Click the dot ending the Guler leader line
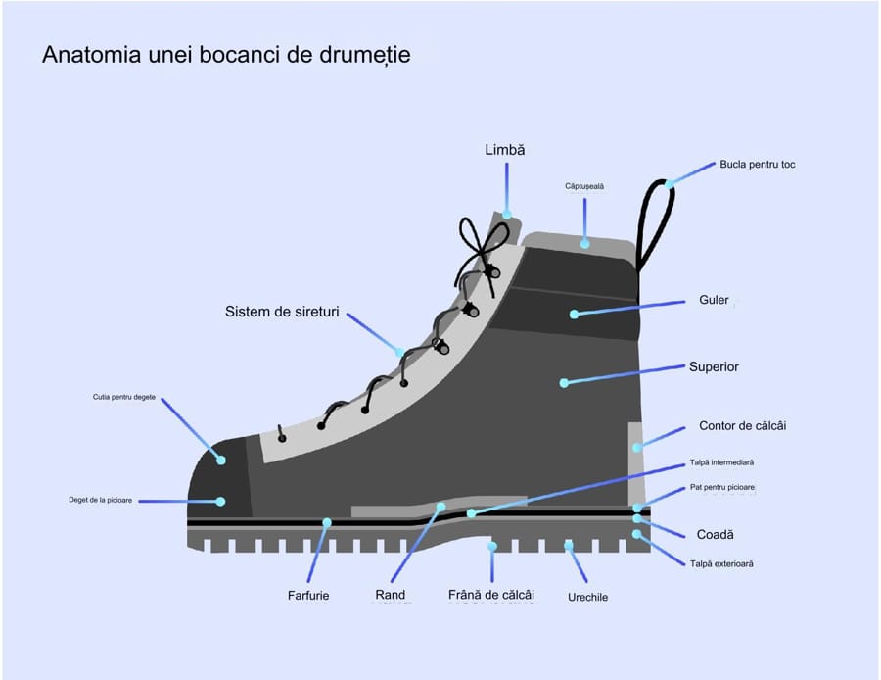click(x=574, y=314)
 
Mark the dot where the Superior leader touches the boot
click(x=564, y=383)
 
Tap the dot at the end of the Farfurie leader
click(x=327, y=522)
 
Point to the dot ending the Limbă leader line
click(x=507, y=215)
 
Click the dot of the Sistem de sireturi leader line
click(x=400, y=353)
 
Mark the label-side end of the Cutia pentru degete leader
click(x=162, y=399)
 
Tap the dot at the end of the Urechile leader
click(x=569, y=545)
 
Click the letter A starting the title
click(x=51, y=55)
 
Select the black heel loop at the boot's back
click(x=655, y=225)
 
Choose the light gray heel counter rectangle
click(x=635, y=463)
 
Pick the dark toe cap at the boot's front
click(x=219, y=477)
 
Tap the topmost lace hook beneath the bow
click(x=493, y=272)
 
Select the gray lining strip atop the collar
click(x=579, y=243)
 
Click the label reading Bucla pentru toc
click(x=758, y=165)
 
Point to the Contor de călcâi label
click(x=742, y=426)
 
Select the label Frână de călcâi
click(x=491, y=595)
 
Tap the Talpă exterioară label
click(x=721, y=563)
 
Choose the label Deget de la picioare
click(x=101, y=500)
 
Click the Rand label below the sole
click(x=390, y=595)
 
